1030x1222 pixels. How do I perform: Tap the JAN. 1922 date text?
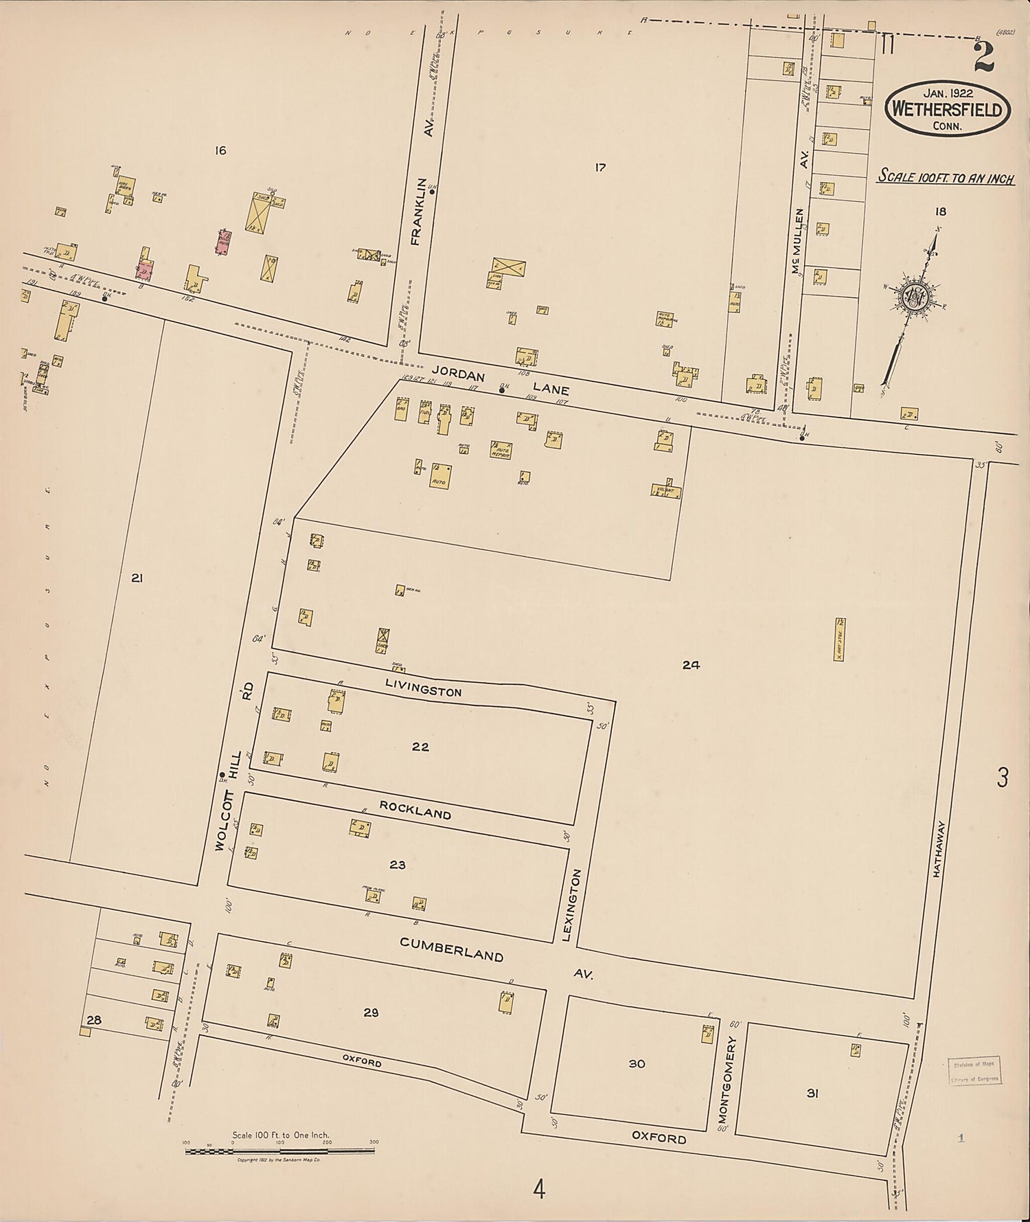coord(947,93)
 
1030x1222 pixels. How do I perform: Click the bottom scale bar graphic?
coord(280,1150)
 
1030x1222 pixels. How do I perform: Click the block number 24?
coord(691,664)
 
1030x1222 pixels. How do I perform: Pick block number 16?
coord(220,150)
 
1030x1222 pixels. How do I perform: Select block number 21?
coord(137,578)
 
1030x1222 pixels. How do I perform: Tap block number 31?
coord(812,1093)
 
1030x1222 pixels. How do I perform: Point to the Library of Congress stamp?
coord(975,1071)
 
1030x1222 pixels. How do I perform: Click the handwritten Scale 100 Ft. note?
coord(947,177)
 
